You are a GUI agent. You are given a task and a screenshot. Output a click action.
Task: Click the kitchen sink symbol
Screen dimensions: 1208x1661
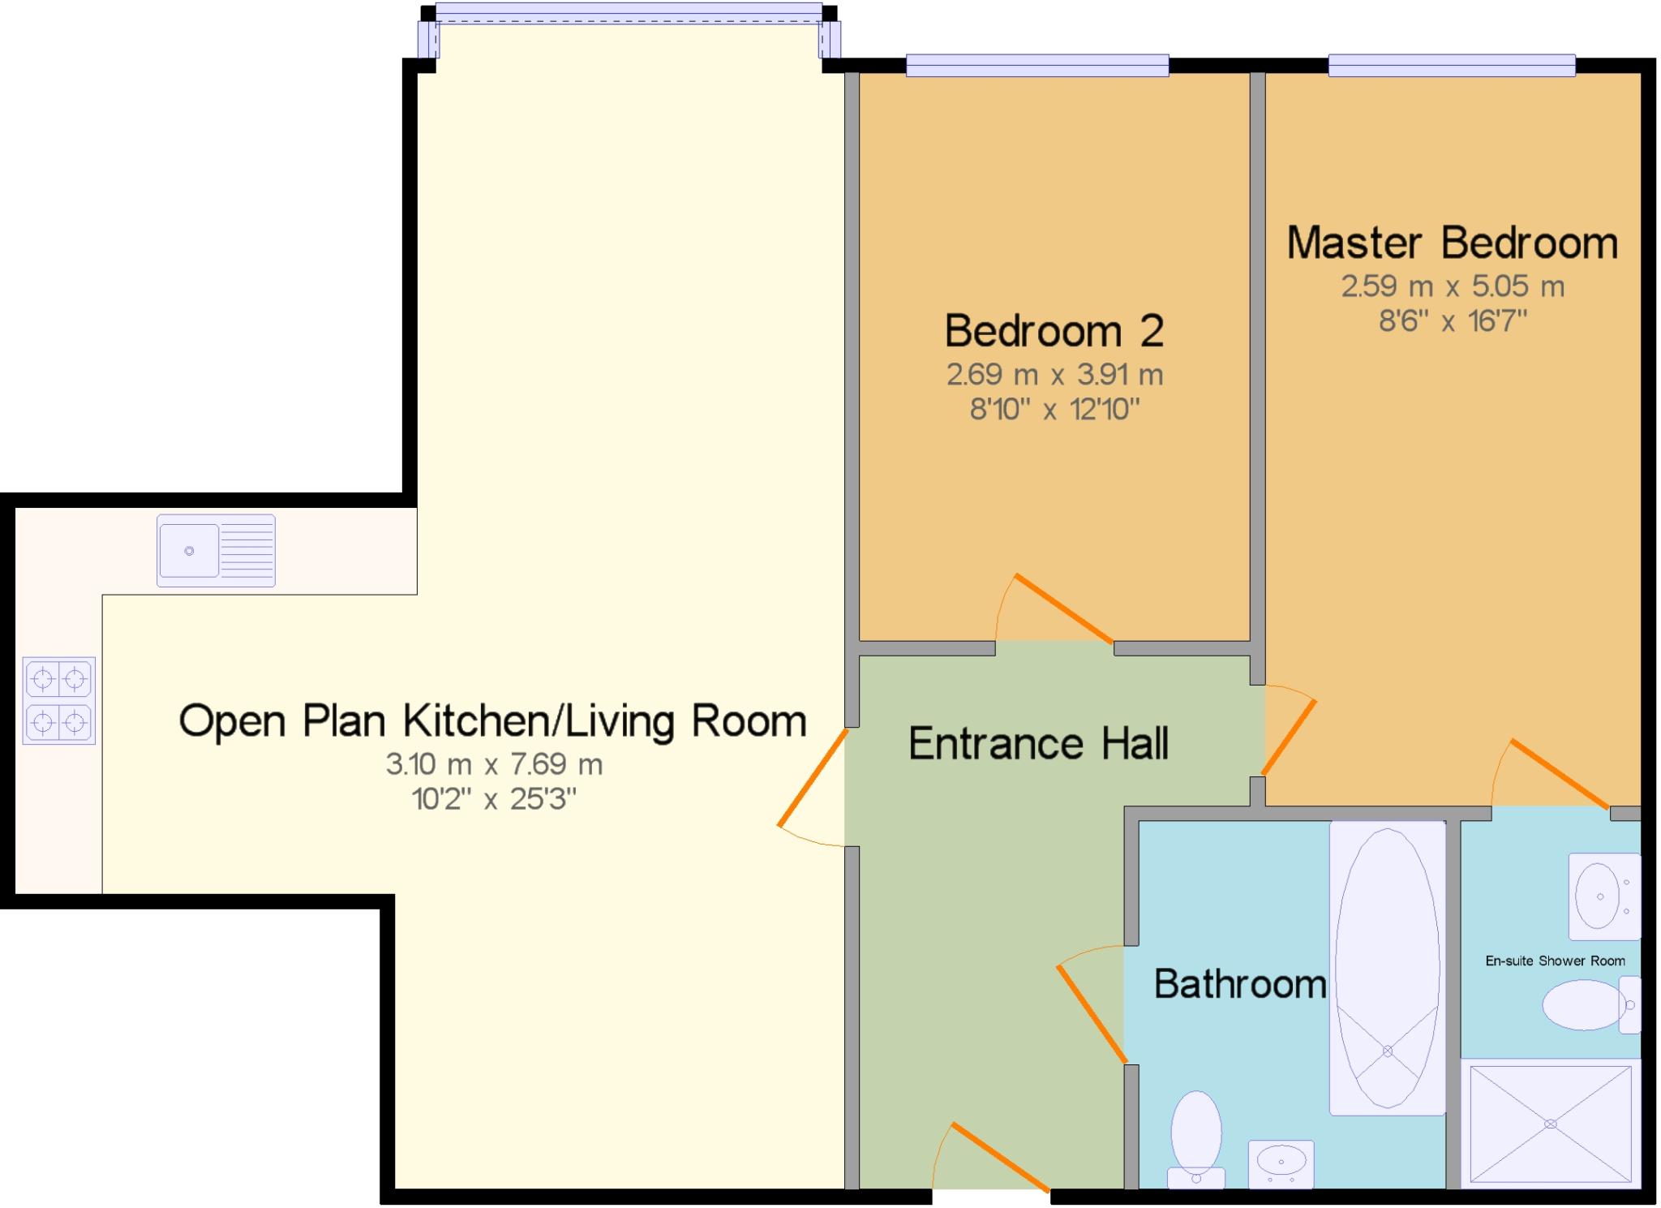coord(216,550)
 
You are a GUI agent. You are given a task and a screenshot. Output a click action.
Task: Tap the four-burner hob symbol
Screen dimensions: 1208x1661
coord(58,700)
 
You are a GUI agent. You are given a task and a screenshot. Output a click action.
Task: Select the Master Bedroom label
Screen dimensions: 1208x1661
coord(1452,243)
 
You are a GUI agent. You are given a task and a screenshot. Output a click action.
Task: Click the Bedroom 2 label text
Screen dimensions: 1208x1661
coord(1054,330)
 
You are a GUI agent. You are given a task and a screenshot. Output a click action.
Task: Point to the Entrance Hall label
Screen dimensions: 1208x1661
coord(1038,743)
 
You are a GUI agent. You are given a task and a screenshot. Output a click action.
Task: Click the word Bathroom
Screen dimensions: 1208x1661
coord(1239,983)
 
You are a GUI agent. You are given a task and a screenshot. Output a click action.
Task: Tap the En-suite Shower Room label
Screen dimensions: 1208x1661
coord(1555,961)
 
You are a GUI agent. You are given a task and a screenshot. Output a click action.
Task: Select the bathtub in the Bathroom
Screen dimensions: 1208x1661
coord(1387,968)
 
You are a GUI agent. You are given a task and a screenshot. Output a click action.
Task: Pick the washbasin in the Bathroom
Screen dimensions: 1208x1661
coord(1281,1163)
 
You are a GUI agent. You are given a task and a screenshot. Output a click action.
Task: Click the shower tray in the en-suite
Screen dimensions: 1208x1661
coord(1550,1124)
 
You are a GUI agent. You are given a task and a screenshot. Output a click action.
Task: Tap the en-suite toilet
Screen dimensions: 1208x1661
coord(1590,1004)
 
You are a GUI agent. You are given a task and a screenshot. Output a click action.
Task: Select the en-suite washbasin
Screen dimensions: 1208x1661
coord(1603,896)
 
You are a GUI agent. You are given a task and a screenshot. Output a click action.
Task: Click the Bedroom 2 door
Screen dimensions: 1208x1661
coord(1062,608)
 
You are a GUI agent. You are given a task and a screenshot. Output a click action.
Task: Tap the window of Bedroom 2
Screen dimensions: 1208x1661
coord(1037,65)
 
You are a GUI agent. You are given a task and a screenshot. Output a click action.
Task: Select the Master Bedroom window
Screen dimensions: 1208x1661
coord(1451,65)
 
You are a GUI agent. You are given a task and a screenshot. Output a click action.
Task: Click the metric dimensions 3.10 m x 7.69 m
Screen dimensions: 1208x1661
coord(494,763)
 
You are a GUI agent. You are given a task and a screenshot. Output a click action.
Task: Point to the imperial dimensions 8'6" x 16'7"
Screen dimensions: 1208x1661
coord(1452,321)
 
